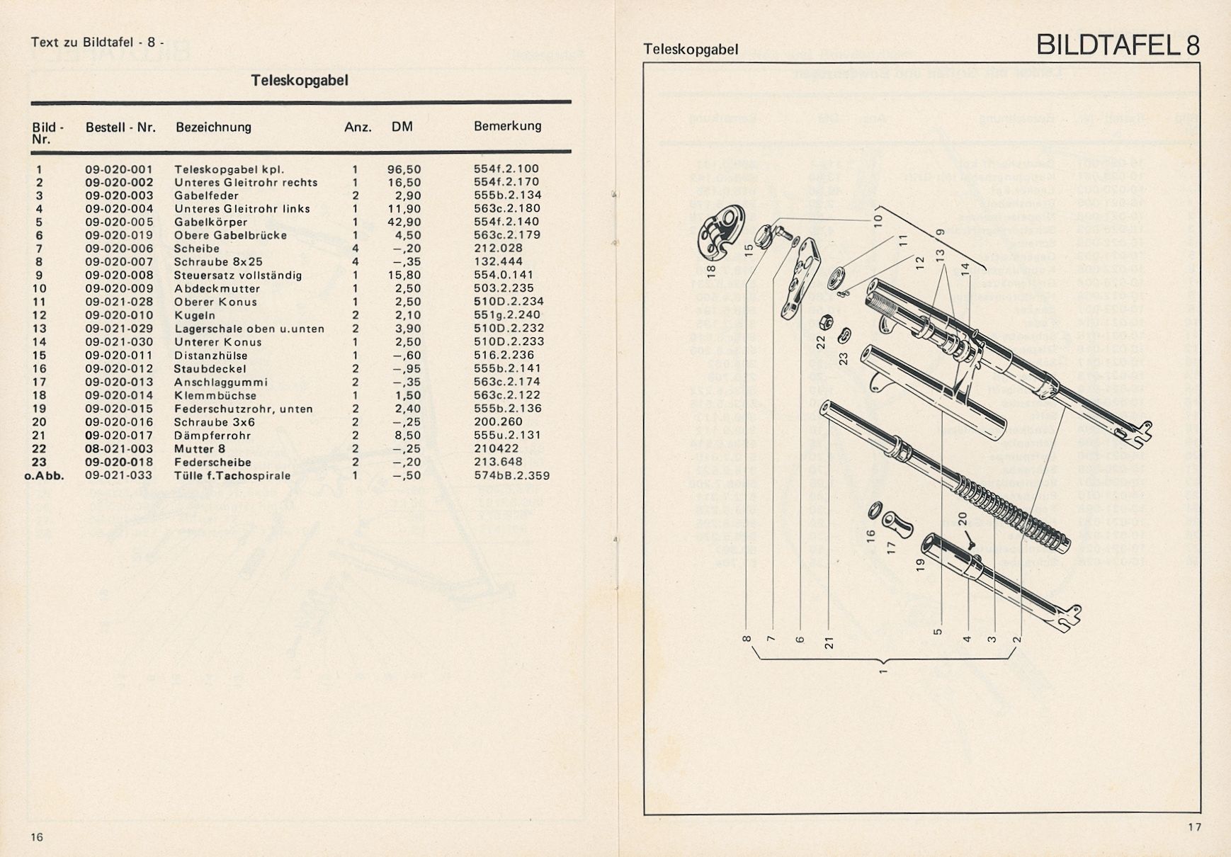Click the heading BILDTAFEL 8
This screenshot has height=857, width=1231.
(1118, 45)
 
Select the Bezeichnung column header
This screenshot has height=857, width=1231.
(213, 127)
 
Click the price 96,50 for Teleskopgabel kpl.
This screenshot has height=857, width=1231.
(404, 169)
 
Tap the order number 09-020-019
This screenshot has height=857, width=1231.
(119, 235)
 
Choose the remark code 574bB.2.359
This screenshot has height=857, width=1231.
(511, 476)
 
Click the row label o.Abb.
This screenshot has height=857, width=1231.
(44, 476)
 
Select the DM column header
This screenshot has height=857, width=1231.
(402, 127)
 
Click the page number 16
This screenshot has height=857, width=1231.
(37, 837)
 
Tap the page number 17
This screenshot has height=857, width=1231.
(1195, 827)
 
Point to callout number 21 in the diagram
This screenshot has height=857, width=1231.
(829, 642)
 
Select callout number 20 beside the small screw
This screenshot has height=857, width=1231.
(962, 519)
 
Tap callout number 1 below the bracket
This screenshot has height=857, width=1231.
(883, 671)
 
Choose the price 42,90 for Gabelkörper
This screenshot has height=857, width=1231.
(404, 222)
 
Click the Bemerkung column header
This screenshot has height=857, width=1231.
(507, 126)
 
